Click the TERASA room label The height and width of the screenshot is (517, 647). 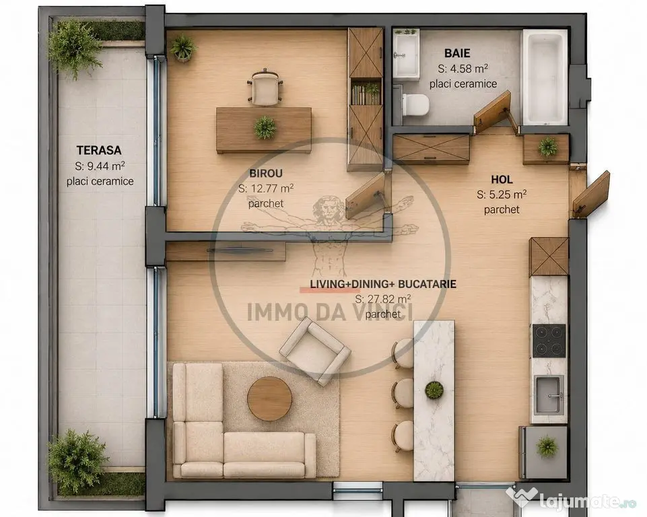tap(98, 149)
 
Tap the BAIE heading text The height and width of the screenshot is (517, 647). tap(457, 53)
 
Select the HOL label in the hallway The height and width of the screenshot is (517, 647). tap(502, 180)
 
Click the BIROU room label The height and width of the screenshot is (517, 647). tap(266, 173)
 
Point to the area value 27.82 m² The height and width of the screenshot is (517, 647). tap(382, 299)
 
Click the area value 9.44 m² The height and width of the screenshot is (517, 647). tap(100, 166)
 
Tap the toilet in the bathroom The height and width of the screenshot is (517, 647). tap(414, 104)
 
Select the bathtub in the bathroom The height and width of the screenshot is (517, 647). tap(545, 77)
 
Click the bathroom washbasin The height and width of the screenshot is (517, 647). tap(405, 54)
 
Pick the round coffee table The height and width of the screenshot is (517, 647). tap(269, 398)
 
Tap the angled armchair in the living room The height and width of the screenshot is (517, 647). tap(315, 351)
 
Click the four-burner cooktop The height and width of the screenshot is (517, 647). tap(549, 341)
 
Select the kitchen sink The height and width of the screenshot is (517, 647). tap(549, 395)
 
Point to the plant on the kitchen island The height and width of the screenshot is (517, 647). tap(434, 390)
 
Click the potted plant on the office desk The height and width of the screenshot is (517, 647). tap(265, 127)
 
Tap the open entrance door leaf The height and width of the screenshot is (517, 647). tap(591, 194)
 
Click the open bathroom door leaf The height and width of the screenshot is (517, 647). tap(492, 110)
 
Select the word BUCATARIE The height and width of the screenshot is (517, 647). tap(427, 284)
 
